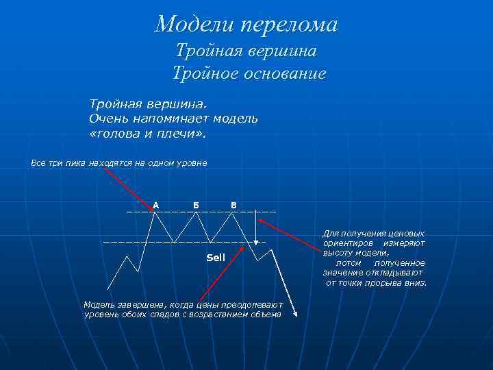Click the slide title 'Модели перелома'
coord(246,25)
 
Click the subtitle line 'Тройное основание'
coord(249,73)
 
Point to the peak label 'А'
coord(156,205)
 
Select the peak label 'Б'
coord(197,205)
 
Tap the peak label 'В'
coord(233,205)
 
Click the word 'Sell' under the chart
coord(216,258)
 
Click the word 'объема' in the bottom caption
coord(266,314)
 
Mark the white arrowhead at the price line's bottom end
coord(296,314)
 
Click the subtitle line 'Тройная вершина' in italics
coord(246,51)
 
